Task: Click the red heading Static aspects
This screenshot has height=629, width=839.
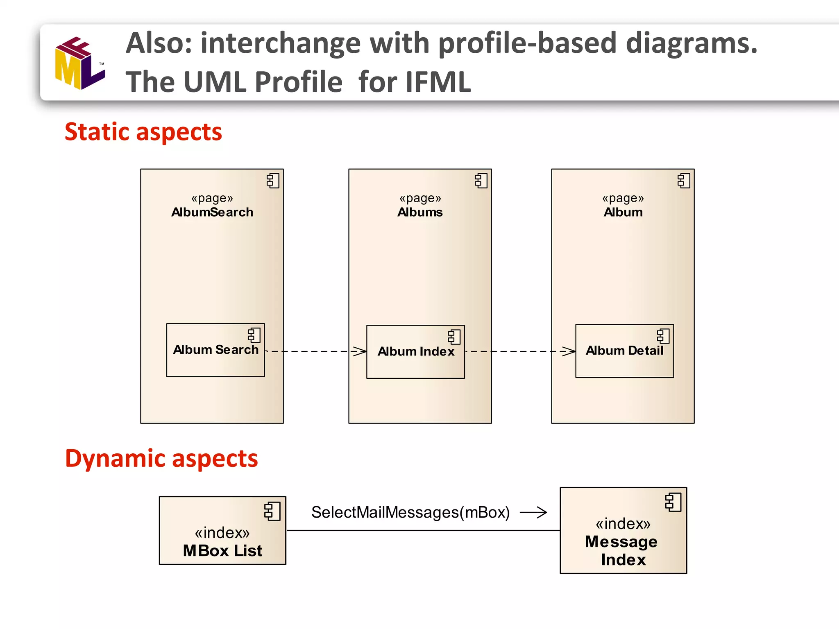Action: pyautogui.click(x=143, y=132)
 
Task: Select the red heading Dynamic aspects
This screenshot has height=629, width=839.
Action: pyautogui.click(x=161, y=458)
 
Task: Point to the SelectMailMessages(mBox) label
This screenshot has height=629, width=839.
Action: pyautogui.click(x=410, y=512)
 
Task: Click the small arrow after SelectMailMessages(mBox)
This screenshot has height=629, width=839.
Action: pyautogui.click(x=533, y=512)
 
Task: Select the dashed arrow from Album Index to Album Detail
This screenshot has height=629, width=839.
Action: pyautogui.click(x=520, y=351)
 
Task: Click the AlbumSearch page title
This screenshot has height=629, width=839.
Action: pyautogui.click(x=212, y=212)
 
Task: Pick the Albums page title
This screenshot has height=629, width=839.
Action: pyautogui.click(x=420, y=212)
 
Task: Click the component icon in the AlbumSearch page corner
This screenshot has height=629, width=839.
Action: pyautogui.click(x=273, y=181)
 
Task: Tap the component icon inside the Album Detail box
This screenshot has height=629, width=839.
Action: pyautogui.click(x=663, y=336)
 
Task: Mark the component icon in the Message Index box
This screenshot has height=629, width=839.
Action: pyautogui.click(x=673, y=502)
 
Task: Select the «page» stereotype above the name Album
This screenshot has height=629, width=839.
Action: pyautogui.click(x=623, y=198)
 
